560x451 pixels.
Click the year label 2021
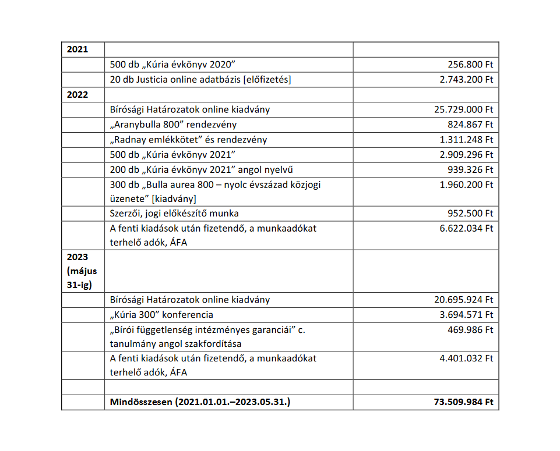pos(78,49)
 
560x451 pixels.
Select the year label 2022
pos(78,94)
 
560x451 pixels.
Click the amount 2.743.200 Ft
pos(466,80)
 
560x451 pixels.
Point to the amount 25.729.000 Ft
pos(464,109)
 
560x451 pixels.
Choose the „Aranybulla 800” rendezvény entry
pos(173,125)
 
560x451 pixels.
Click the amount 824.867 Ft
pos(470,125)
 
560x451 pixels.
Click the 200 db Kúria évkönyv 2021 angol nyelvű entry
pos(200,170)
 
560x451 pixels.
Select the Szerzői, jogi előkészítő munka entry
pos(174,214)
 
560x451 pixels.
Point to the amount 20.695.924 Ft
pos(464,300)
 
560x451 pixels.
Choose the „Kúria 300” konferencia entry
pos(161,315)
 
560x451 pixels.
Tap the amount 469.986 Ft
pos(470,330)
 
